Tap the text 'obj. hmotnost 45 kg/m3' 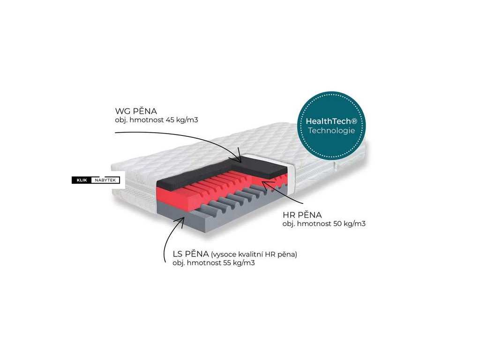157,120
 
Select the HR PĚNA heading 302,215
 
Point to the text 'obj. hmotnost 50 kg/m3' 324,224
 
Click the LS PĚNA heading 190,254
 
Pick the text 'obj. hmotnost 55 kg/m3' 213,263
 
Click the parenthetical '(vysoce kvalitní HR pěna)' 254,255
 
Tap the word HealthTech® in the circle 331,121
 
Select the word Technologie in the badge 331,130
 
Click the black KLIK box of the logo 80,180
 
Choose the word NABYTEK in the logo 104,180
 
